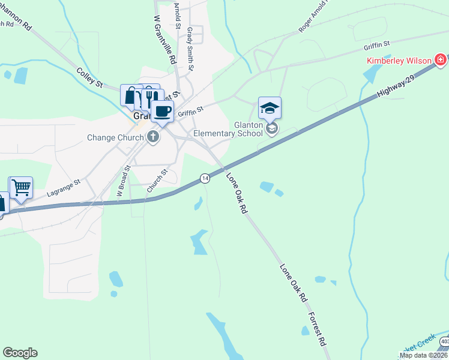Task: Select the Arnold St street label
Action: tap(177, 15)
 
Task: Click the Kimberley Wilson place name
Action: tap(400, 61)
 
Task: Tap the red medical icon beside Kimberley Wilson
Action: tap(441, 60)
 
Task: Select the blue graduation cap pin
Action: tap(270, 108)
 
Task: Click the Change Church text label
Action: tap(116, 137)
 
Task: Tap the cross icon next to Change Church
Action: tap(153, 137)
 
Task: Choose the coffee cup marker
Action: tap(162, 110)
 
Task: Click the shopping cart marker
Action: tap(21, 187)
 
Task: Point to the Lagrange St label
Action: tap(64, 188)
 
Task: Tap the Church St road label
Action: tap(157, 181)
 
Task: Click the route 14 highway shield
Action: tap(205, 178)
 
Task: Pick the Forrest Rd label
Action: tap(317, 329)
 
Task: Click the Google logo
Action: tap(20, 353)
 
